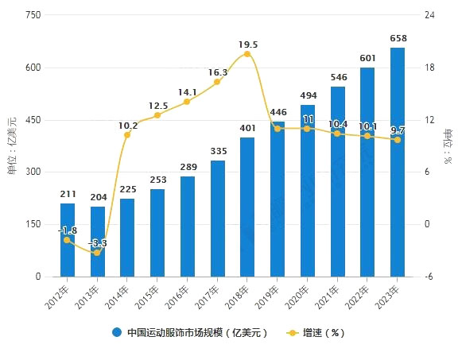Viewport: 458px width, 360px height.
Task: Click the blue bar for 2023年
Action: (398, 162)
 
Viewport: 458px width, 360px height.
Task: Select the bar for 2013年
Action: (98, 242)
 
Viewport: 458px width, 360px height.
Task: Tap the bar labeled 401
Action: (247, 207)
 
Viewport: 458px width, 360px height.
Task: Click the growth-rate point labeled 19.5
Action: (247, 54)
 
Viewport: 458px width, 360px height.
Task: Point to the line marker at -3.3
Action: (98, 252)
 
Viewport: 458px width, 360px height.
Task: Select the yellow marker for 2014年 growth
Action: (127, 135)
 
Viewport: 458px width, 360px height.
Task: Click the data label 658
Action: (398, 38)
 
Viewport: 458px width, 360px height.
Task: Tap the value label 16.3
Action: (217, 72)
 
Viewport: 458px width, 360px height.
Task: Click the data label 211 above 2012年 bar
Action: (68, 193)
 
